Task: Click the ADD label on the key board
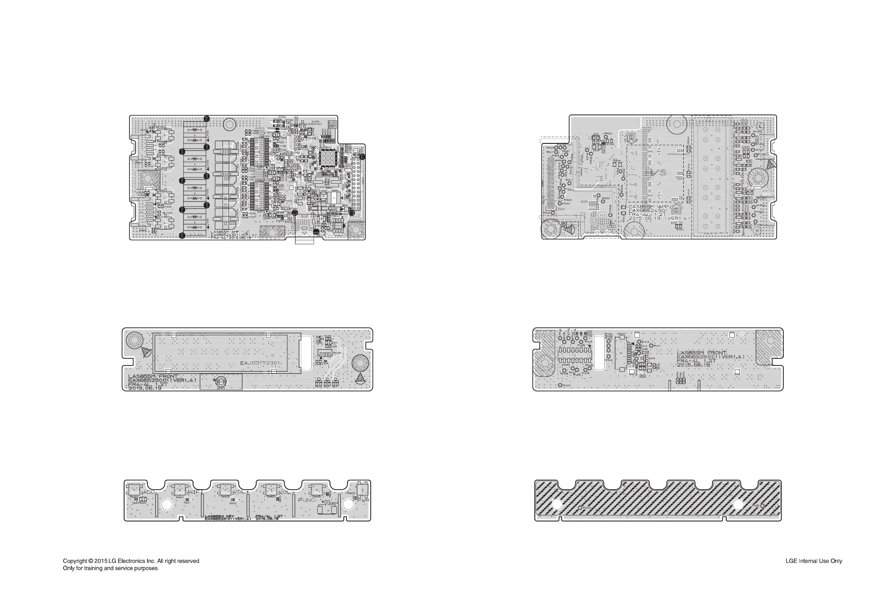tap(149, 492)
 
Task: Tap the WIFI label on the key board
tap(195, 492)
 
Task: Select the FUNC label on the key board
tap(306, 500)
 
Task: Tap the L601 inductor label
tap(596, 134)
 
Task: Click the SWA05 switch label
tap(351, 493)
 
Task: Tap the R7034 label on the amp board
tap(282, 117)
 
